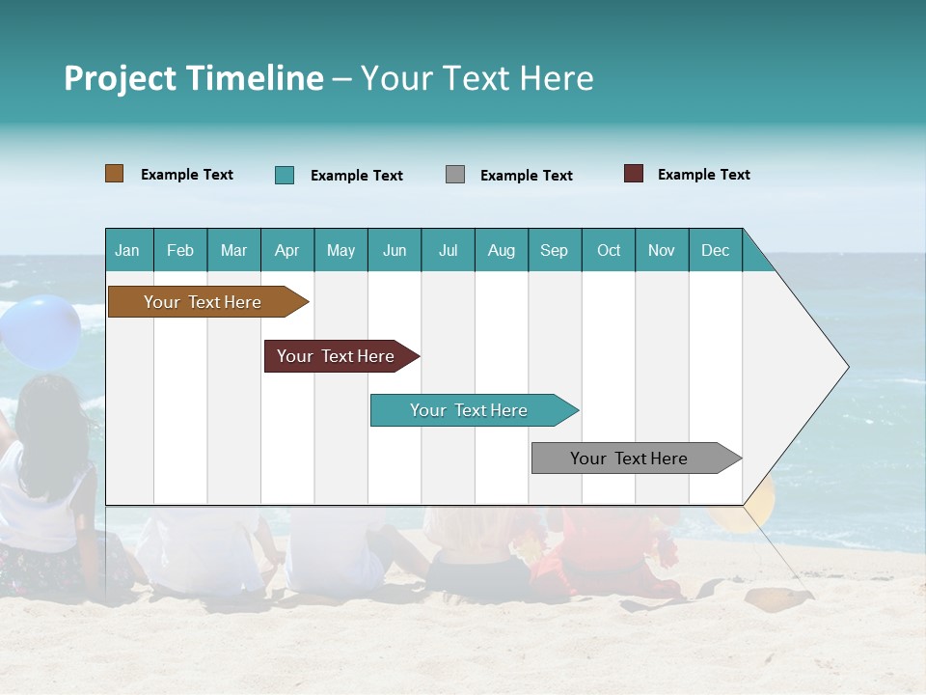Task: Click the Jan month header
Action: pos(128,250)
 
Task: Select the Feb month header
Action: pos(180,250)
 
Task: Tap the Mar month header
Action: pos(233,250)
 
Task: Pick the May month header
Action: pos(340,250)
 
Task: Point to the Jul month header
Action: pos(448,250)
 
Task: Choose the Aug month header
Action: pos(502,250)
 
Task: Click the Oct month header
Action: pos(609,250)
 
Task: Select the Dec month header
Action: pos(715,250)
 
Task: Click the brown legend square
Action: pos(115,174)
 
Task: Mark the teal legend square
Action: pos(285,175)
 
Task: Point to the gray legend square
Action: pos(455,175)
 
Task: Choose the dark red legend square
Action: pos(634,174)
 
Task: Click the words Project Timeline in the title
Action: pos(194,78)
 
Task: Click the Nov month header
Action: pos(662,250)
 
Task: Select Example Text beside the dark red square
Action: pos(703,175)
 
